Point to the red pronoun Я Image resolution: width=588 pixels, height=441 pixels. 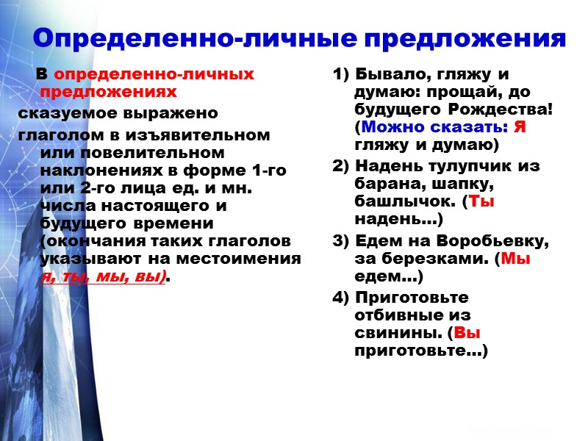[x=520, y=127]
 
